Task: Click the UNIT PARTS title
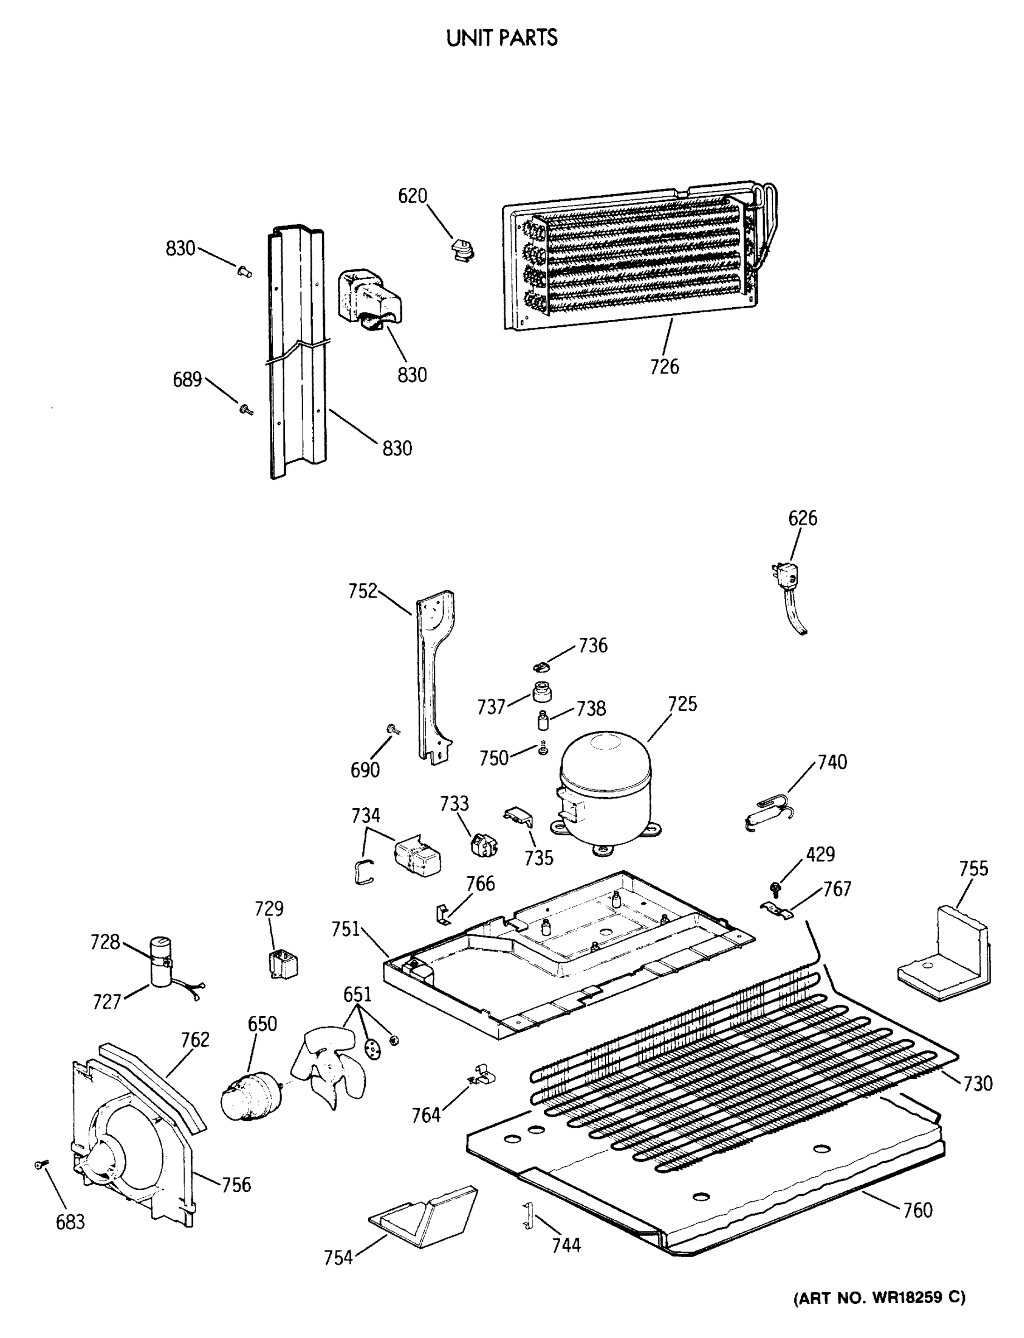click(x=502, y=38)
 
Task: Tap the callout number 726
click(x=664, y=366)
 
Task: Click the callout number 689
click(x=187, y=379)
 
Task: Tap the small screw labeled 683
click(x=40, y=1165)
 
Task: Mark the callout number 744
click(x=566, y=1245)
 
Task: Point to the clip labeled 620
click(x=463, y=249)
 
